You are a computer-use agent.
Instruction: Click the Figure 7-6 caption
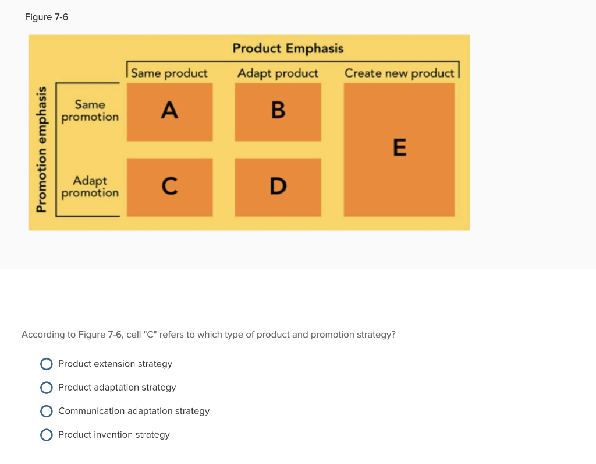tap(47, 17)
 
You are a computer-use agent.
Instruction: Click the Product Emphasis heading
tap(288, 48)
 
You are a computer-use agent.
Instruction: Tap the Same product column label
tap(169, 73)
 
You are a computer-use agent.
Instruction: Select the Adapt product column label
tap(278, 73)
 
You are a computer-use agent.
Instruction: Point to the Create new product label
tap(399, 73)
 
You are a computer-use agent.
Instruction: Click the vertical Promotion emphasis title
tap(41, 150)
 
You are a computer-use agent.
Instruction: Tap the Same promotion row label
tap(90, 111)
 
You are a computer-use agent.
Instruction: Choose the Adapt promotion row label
tap(90, 187)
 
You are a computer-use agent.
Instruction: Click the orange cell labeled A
tap(169, 111)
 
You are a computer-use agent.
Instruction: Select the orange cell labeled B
tap(278, 111)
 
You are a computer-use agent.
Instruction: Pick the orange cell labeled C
tap(169, 187)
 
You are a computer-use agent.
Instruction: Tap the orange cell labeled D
tap(278, 187)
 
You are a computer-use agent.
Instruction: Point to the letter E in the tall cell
tap(399, 148)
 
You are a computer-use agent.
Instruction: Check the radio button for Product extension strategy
tap(47, 364)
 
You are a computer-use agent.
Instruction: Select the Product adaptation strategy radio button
tap(47, 388)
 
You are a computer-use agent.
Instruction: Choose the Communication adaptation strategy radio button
tap(47, 411)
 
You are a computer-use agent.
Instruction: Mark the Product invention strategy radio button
tap(47, 435)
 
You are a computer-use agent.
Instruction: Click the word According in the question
tap(43, 335)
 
